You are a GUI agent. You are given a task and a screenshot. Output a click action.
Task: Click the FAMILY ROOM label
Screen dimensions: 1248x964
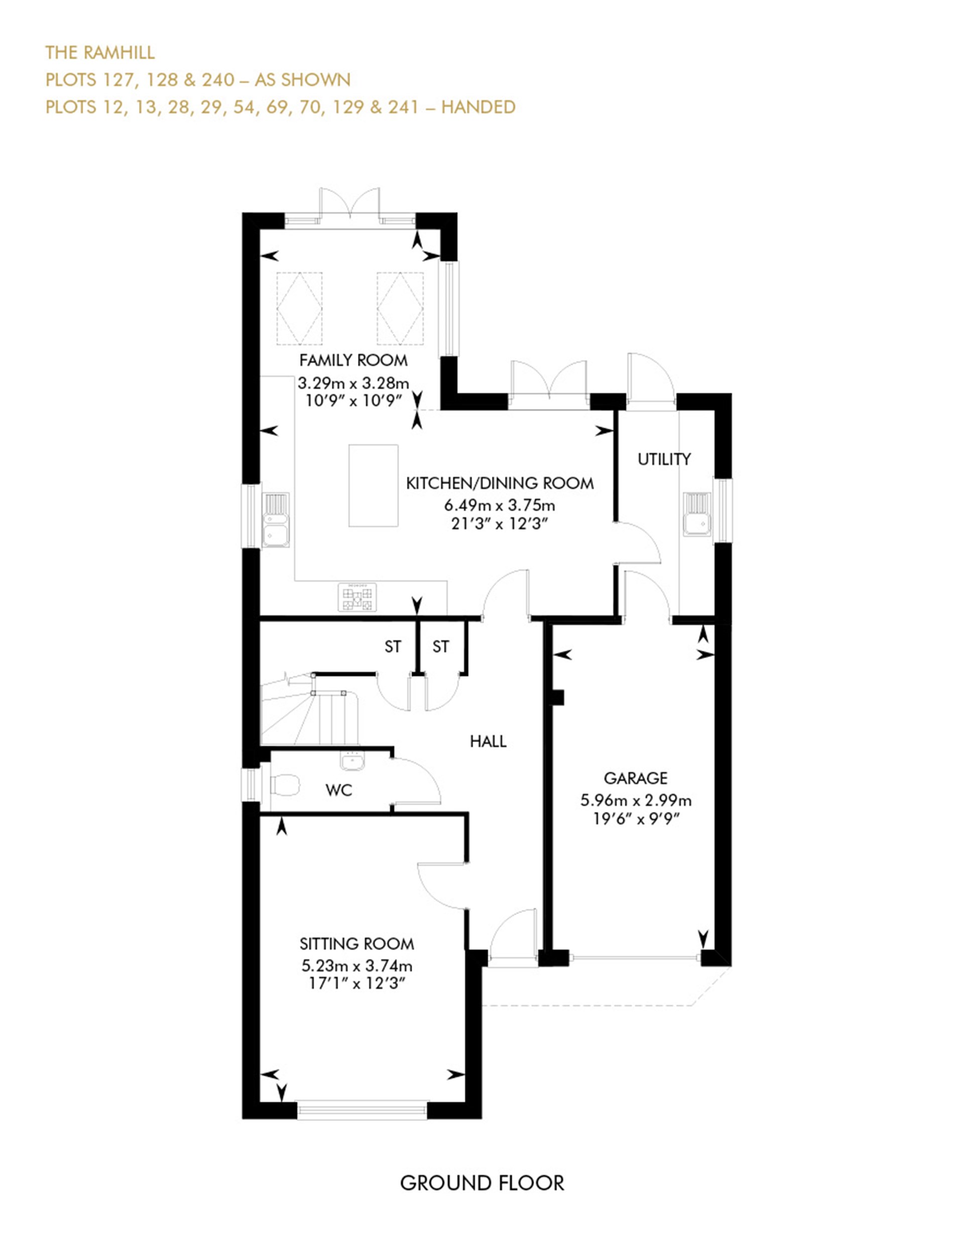353,360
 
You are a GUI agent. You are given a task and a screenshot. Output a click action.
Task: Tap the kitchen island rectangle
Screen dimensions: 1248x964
373,486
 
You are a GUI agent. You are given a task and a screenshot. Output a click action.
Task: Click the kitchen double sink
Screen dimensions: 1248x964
276,520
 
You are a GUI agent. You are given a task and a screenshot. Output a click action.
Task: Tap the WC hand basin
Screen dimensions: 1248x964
352,761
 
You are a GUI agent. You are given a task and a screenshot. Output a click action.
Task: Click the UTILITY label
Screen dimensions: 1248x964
664,459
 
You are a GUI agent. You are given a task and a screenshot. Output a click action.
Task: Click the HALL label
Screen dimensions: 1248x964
488,741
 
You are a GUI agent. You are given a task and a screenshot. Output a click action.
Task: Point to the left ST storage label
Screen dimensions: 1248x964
393,646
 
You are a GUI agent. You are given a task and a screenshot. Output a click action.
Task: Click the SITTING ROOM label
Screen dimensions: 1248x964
356,943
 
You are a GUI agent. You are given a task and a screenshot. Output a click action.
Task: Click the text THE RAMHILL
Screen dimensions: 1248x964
100,53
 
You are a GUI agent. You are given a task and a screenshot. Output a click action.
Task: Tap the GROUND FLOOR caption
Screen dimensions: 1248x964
481,1183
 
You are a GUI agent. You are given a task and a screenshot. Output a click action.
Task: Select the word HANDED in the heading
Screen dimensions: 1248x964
478,107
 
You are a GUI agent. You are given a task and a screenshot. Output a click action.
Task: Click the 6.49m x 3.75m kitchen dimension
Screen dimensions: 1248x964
500,505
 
